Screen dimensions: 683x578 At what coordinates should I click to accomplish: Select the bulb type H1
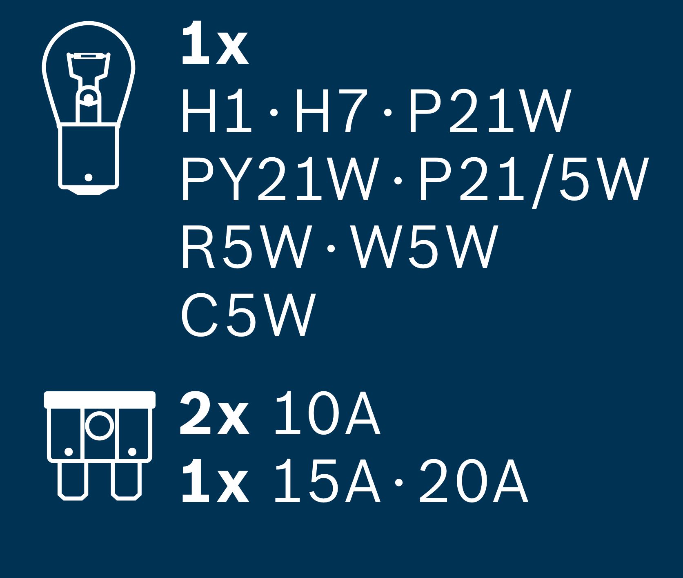click(216, 112)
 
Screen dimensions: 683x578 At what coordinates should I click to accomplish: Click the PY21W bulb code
click(278, 180)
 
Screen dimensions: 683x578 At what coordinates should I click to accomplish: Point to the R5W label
click(245, 248)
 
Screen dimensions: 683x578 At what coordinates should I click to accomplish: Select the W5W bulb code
click(424, 248)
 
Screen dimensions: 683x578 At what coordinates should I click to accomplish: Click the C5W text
click(248, 315)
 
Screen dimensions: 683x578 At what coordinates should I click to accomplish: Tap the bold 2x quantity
click(214, 413)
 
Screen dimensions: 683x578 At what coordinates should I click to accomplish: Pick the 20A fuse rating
click(474, 481)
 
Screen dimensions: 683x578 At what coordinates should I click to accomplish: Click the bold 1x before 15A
click(215, 481)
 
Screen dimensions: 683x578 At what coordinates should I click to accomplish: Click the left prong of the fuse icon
click(73, 481)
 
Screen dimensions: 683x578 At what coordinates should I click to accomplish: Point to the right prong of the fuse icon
click(127, 481)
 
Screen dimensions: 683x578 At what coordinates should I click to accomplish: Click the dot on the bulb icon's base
click(89, 177)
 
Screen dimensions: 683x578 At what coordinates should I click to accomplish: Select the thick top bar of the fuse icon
click(100, 399)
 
